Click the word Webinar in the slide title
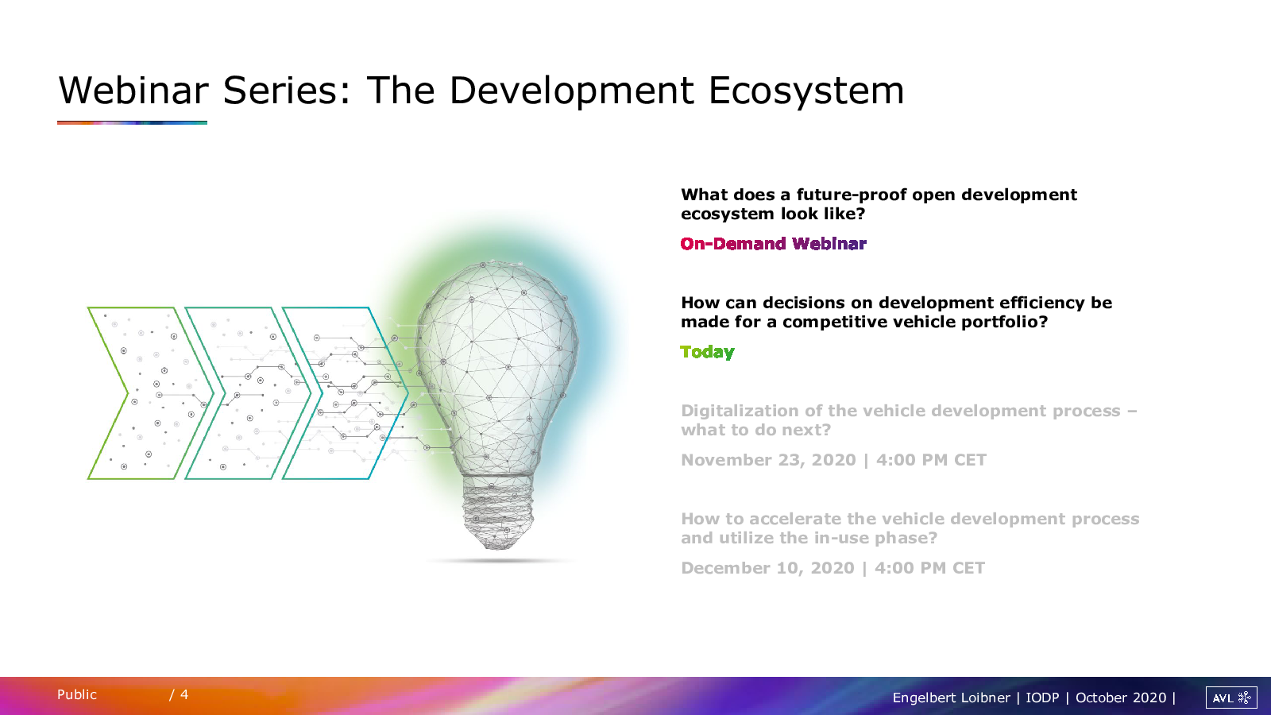pyautogui.click(x=133, y=91)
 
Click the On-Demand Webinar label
pyautogui.click(x=774, y=243)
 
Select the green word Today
pyautogui.click(x=707, y=353)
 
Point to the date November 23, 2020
pyautogui.click(x=768, y=460)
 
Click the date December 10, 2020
pyautogui.click(x=767, y=568)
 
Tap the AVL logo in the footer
pyautogui.click(x=1231, y=698)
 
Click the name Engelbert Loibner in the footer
pyautogui.click(x=951, y=698)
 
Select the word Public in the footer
pyautogui.click(x=76, y=694)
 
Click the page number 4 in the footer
pyautogui.click(x=184, y=694)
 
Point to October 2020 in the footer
pyautogui.click(x=1121, y=698)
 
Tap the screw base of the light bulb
pyautogui.click(x=497, y=512)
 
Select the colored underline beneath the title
pyautogui.click(x=132, y=122)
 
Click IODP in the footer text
pyautogui.click(x=1042, y=698)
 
